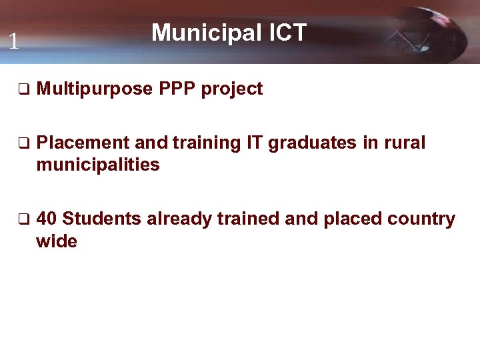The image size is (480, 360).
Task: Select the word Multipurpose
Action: (x=95, y=89)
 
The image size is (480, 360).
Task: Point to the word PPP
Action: (x=177, y=89)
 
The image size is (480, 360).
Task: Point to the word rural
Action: (x=403, y=143)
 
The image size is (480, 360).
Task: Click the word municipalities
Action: (x=98, y=165)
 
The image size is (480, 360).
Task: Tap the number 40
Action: (x=47, y=219)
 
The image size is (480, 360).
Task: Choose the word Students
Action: (x=101, y=219)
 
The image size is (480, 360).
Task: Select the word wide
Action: (x=57, y=241)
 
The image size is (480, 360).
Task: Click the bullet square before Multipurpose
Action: (x=22, y=89)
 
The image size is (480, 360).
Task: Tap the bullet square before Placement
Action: (x=22, y=143)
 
